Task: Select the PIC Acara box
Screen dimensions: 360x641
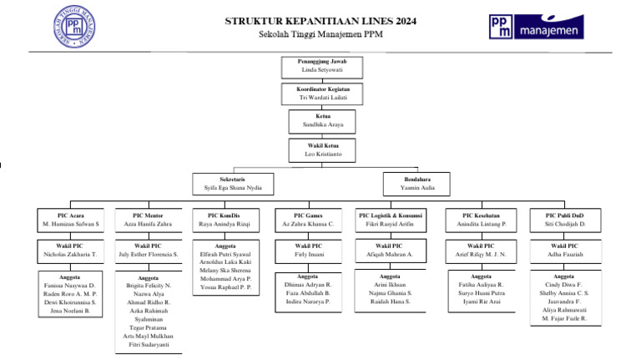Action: (x=71, y=220)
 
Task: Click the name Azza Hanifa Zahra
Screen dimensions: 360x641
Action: (x=148, y=225)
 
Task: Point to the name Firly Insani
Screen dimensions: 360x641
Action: (x=309, y=254)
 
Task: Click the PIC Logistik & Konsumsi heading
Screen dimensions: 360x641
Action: (x=391, y=215)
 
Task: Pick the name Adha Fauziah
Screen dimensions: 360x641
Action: (x=565, y=254)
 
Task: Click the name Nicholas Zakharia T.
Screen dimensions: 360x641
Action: (x=71, y=254)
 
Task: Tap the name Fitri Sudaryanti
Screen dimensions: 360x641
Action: (x=148, y=344)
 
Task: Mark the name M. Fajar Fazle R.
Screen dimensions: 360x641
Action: (x=564, y=318)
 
